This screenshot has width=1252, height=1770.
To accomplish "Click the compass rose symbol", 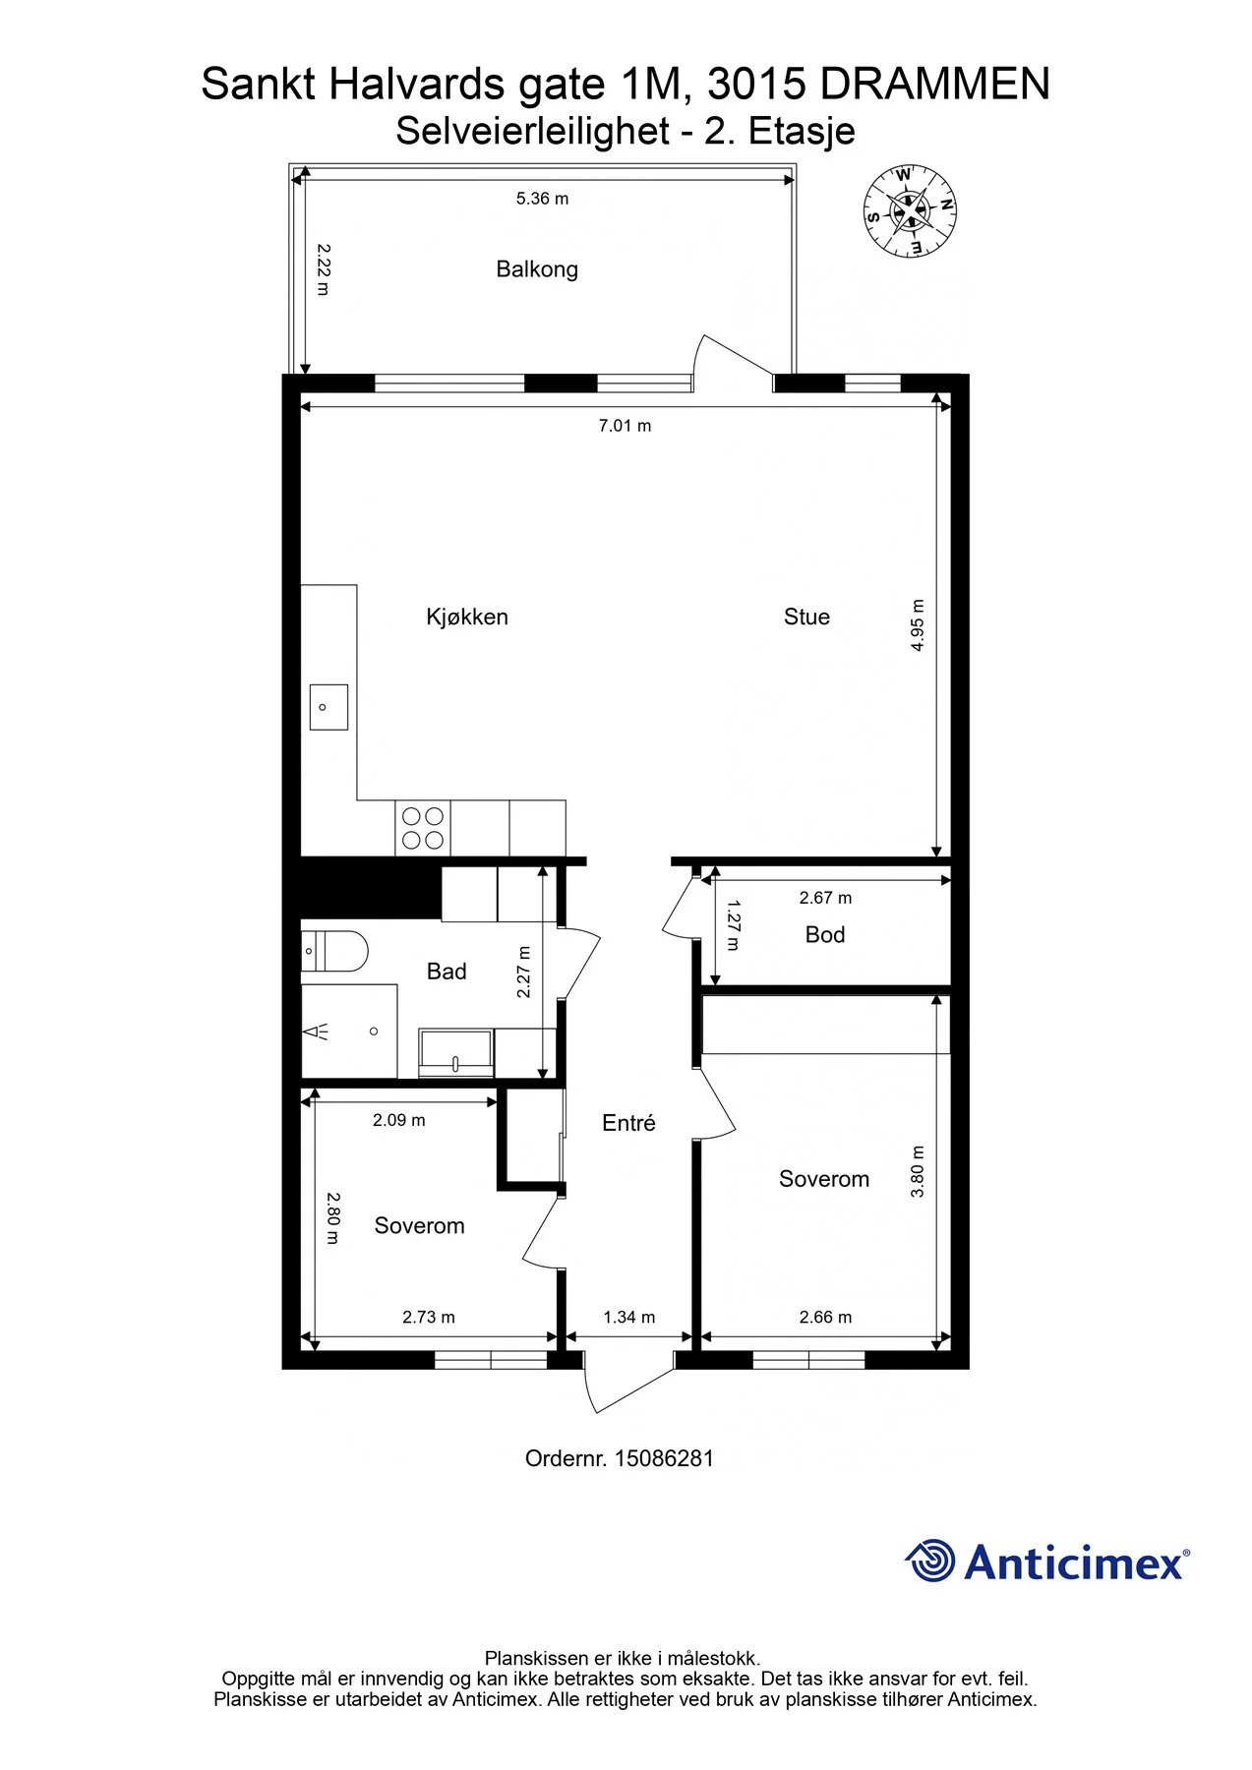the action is coord(910,210).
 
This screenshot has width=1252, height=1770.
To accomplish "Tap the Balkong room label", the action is coord(537,269).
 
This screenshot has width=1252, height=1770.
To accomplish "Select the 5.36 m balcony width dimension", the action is coord(543,199).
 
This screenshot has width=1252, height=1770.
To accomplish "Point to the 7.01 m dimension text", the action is coord(626,426).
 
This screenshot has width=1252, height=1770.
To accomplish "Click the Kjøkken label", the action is coord(467,617).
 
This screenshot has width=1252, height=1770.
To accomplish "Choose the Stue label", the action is coord(806,617).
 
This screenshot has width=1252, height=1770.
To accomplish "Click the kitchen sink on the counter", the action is coord(328,707).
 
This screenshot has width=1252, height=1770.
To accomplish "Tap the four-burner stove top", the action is coord(423,828).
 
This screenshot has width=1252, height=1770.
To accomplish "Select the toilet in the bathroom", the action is coord(334,951).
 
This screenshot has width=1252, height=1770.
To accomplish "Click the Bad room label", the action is coord(447,972).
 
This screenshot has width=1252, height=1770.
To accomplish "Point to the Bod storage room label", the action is coord(825,934).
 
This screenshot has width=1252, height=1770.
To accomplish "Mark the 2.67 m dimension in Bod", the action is coord(826,898).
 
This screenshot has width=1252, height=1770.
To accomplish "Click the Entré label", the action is coord(628,1123).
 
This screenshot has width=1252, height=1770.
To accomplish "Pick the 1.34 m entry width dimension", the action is coord(629,1317).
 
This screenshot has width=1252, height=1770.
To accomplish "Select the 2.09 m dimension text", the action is coord(399,1120).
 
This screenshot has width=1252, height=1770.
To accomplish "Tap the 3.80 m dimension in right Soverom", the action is coord(918,1171).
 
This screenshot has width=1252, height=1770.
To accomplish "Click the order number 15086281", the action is coord(665,1458).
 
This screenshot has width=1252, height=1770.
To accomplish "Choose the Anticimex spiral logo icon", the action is coord(929,1561).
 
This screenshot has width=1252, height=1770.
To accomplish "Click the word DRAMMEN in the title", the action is coord(935,85).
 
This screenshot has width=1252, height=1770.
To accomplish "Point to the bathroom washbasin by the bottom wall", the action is coord(456,1052).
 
